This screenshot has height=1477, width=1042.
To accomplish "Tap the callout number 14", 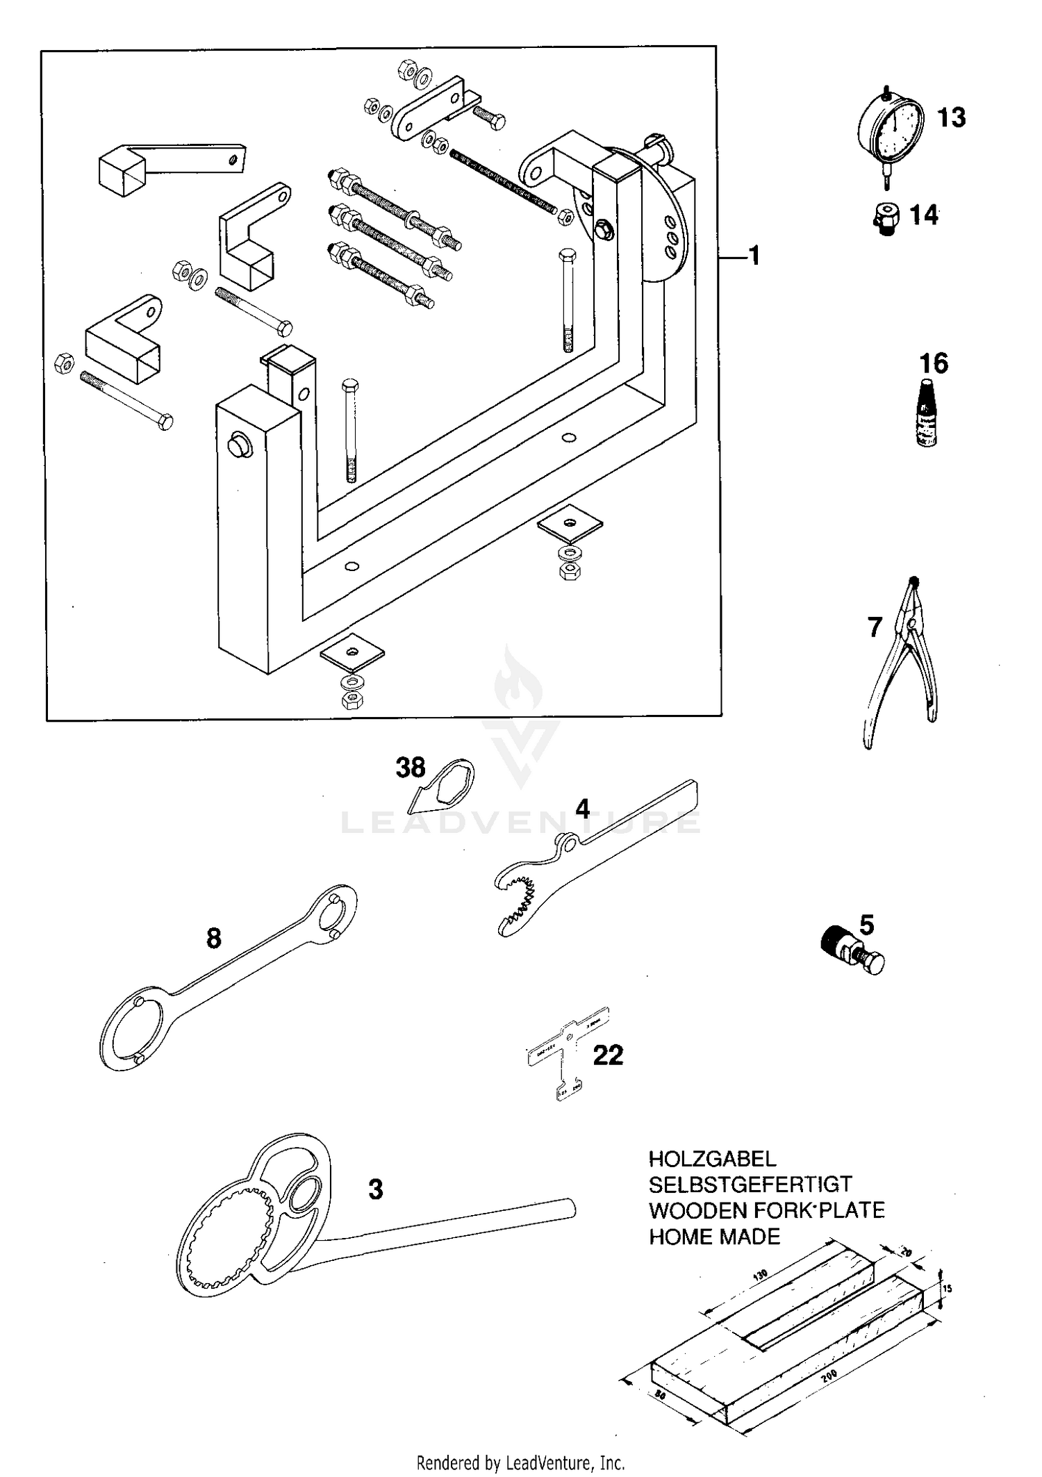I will pyautogui.click(x=923, y=215).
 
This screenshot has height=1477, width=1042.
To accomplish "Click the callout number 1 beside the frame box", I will pyautogui.click(x=754, y=256).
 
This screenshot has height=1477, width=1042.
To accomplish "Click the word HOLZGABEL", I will pyautogui.click(x=712, y=1158).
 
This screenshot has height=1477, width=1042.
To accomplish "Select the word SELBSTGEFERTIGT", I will pyautogui.click(x=750, y=1184).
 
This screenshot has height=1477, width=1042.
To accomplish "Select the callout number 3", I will pyautogui.click(x=375, y=1189).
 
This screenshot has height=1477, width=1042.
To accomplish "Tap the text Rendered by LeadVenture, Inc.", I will pyautogui.click(x=520, y=1463).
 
